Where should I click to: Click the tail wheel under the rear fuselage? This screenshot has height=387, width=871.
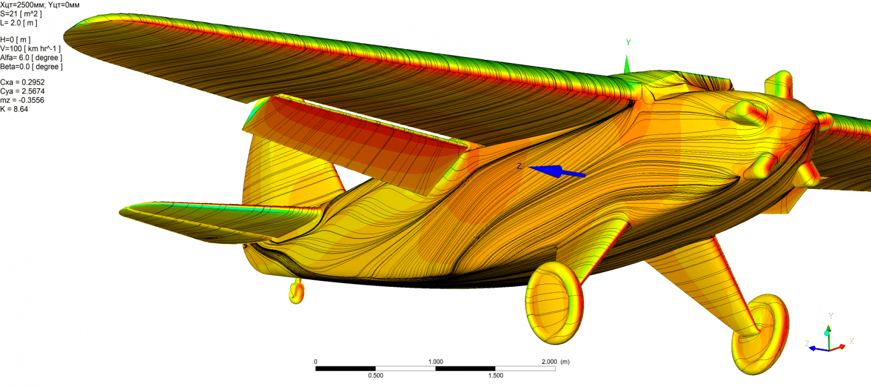point(297,292)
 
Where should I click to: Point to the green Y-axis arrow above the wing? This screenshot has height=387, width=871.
point(627,64)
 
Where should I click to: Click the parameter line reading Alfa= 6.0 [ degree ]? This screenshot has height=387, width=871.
point(31,58)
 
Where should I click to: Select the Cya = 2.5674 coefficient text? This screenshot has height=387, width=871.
point(22,91)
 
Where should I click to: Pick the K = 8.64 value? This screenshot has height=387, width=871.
point(14,109)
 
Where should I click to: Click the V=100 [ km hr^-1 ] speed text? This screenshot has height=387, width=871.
point(30,48)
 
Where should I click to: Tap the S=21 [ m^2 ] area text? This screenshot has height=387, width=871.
point(21,14)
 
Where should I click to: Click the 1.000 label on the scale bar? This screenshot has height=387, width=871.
point(436,362)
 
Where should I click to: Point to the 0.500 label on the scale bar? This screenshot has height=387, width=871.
point(376,376)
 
